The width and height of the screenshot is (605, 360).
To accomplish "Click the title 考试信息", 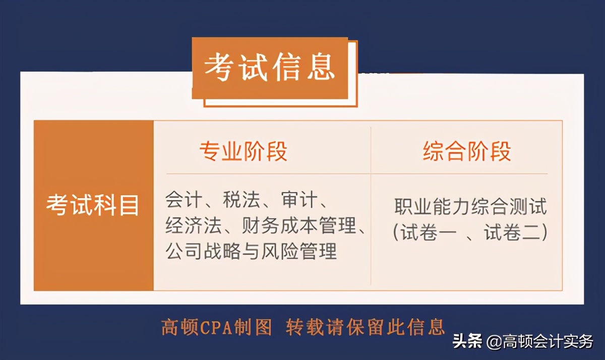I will pos(270,68).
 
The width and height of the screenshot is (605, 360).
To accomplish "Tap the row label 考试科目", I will pos(93,205).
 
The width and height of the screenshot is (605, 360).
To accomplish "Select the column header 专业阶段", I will pos(244,151).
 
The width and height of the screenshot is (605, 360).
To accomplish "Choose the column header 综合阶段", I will pos(467,151).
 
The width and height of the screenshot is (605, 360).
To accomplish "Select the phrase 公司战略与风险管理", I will pos(251,250).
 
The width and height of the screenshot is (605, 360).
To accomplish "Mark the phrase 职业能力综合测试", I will pos(470,206).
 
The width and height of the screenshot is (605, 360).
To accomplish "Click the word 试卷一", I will pos(429,232).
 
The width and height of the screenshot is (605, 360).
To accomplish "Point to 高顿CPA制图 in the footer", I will pos(217,327).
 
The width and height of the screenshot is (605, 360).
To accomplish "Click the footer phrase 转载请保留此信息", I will pos(366,327).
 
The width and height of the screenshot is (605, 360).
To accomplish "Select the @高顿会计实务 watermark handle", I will pos(540,341).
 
